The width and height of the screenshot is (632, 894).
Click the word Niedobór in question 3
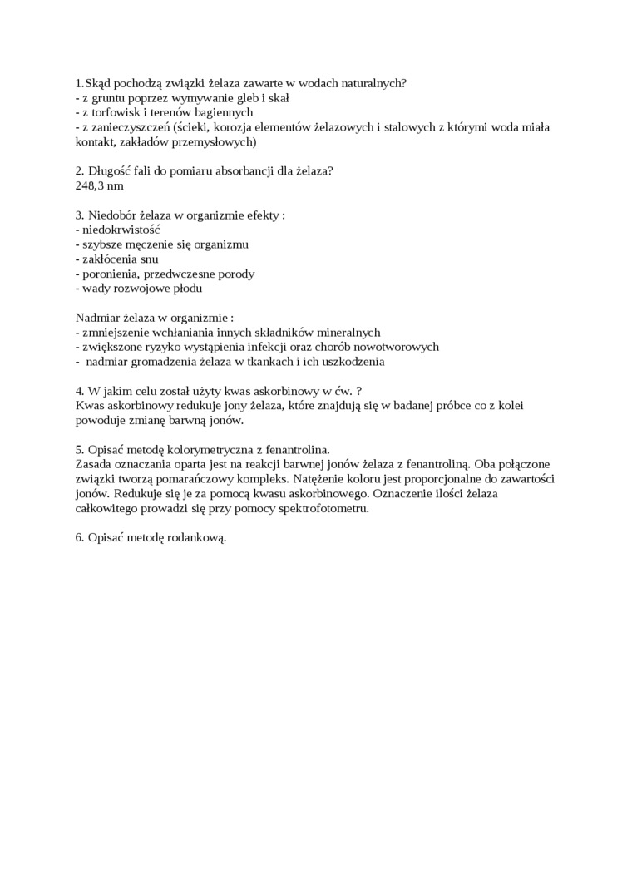point(112,214)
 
